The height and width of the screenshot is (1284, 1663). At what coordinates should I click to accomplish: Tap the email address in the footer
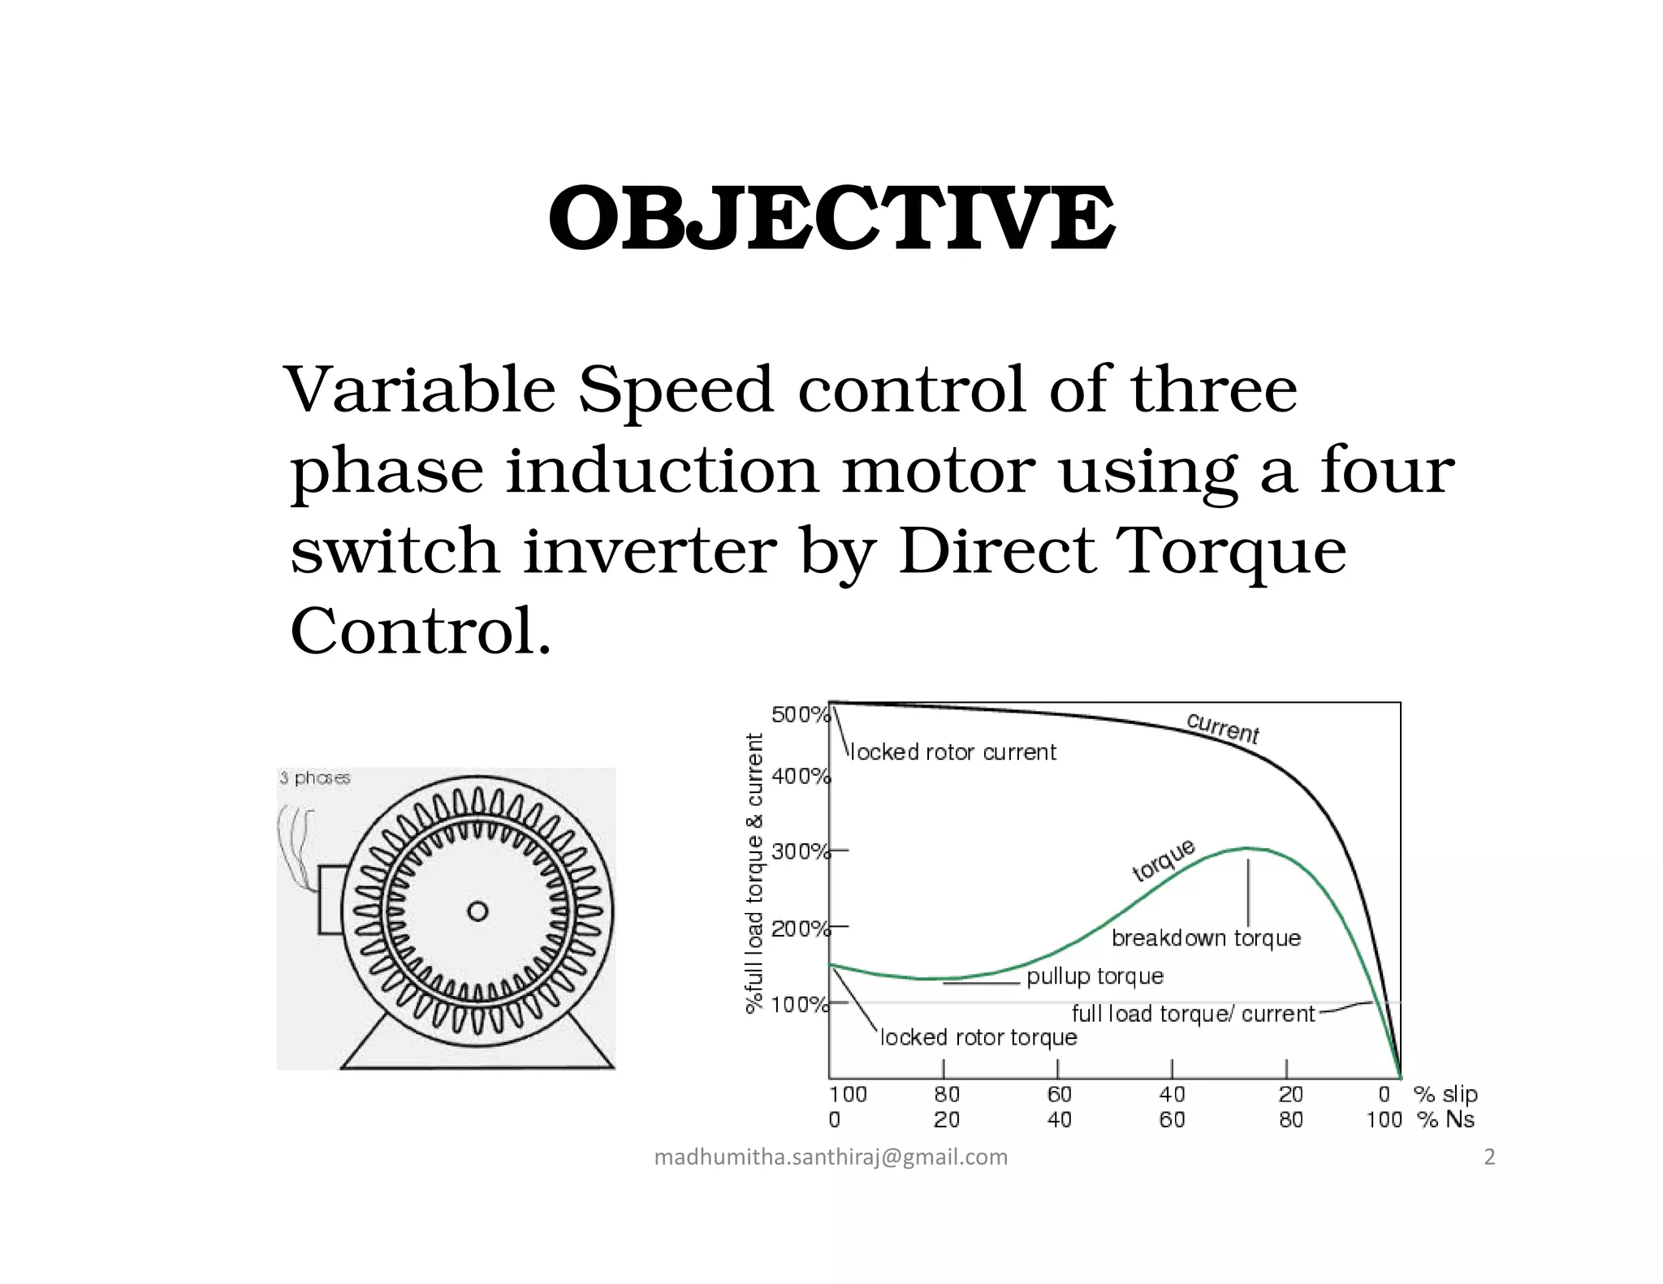[831, 1157]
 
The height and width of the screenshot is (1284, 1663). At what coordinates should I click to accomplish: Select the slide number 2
[1489, 1157]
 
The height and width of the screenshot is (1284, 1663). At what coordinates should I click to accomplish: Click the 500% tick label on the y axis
[800, 715]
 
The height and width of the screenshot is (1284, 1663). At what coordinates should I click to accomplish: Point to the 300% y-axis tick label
[800, 851]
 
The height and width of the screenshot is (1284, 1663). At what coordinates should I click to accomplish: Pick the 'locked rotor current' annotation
[952, 752]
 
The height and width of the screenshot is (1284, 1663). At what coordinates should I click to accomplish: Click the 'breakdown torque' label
[1206, 938]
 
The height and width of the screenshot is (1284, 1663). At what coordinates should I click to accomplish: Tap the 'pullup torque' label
[1095, 976]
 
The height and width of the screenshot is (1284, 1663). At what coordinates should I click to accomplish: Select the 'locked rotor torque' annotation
[978, 1037]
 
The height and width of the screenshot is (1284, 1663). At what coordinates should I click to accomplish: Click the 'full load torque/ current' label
[1193, 1014]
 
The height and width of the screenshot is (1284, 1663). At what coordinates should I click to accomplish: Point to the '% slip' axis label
[1446, 1094]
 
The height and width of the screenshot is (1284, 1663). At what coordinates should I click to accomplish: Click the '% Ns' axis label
[1446, 1120]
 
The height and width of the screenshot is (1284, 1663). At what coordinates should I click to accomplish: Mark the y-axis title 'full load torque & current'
[755, 873]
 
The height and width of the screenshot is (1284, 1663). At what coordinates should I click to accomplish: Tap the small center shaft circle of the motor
[477, 911]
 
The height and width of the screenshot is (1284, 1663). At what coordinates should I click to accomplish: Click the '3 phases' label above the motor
[315, 778]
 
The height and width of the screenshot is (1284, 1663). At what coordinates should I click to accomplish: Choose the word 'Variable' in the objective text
[421, 390]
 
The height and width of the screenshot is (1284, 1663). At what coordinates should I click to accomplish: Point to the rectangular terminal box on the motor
[330, 900]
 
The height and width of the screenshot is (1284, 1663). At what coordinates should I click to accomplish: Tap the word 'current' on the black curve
[1222, 728]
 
